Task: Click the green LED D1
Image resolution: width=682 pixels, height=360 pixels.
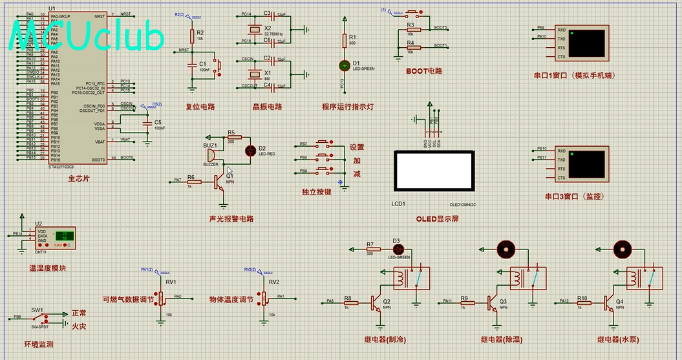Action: click(344, 65)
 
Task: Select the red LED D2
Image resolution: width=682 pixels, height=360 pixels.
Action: click(251, 151)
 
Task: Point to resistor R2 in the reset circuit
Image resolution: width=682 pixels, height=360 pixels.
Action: click(191, 36)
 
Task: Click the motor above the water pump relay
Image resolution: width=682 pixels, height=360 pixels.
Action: click(622, 248)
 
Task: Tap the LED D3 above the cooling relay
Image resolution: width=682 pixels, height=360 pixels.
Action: click(398, 248)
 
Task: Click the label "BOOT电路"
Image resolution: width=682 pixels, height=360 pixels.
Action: click(423, 70)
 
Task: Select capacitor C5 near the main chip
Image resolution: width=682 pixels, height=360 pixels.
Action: click(147, 122)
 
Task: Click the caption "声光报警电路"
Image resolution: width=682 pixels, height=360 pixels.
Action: click(231, 218)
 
